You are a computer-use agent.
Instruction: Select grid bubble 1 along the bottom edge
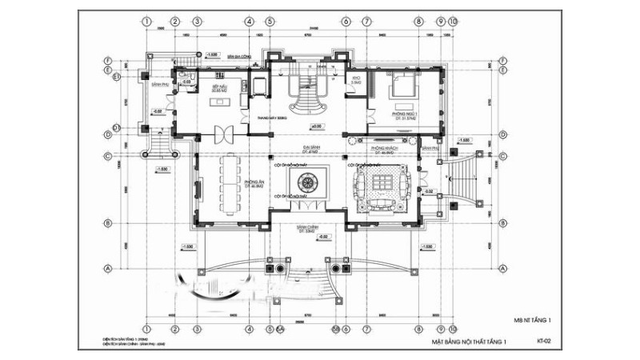coord(147,328)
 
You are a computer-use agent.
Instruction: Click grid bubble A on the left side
coord(107,267)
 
